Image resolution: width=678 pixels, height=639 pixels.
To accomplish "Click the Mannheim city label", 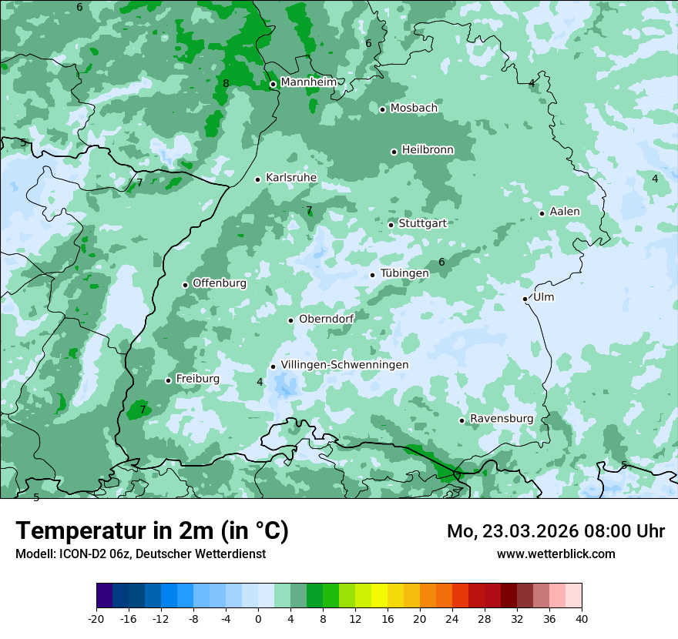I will coord(308,82).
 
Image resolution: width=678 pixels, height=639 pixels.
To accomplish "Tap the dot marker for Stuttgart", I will coord(391,225).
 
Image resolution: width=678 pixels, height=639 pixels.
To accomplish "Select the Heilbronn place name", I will coord(428,150).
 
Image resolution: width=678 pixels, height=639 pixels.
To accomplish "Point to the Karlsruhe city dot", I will coord(258,179).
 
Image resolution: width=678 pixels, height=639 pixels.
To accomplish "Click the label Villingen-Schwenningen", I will coord(344,365).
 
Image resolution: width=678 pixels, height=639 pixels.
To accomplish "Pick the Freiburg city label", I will coord(197,379).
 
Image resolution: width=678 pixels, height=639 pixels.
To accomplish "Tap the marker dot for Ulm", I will coord(525,299).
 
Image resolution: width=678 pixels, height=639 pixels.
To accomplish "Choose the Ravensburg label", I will coord(502,419).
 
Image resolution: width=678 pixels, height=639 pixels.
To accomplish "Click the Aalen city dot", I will coord(542,213).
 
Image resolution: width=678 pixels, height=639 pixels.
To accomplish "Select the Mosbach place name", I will coord(414,109).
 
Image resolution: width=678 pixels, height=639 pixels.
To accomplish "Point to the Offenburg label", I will coord(220,283).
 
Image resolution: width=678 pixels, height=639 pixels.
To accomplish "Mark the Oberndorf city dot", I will coord(290,320).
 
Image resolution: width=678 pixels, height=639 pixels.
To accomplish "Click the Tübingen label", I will coord(404,273).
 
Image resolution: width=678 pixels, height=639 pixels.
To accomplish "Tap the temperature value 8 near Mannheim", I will coord(226,83).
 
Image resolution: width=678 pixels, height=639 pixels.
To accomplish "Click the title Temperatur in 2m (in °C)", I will coord(153,531).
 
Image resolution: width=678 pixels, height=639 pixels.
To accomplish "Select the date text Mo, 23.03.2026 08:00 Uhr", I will coord(555,531).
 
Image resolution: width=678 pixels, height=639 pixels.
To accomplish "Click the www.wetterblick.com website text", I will coord(555,554).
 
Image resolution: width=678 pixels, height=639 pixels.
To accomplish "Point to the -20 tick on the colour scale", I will coord(96,619).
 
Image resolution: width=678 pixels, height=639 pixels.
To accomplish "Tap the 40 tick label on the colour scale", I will coord(581,619).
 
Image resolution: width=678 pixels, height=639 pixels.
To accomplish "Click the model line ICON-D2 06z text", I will coord(140,554).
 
